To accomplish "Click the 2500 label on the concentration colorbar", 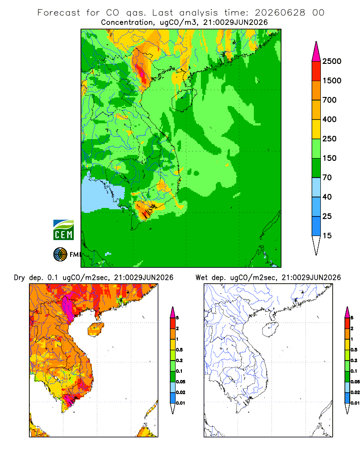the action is pyautogui.click(x=332, y=61).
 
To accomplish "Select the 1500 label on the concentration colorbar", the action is pyautogui.click(x=332, y=81).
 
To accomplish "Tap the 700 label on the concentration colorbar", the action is pyautogui.click(x=329, y=100).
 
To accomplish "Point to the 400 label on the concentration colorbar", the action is pyautogui.click(x=329, y=119).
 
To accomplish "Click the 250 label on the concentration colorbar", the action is pyautogui.click(x=329, y=139).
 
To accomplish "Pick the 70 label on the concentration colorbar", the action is pyautogui.click(x=327, y=178).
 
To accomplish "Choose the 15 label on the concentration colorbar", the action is pyautogui.click(x=327, y=236).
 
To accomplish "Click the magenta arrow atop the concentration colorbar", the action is pyautogui.click(x=316, y=53).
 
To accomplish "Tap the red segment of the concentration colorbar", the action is pyautogui.click(x=316, y=71).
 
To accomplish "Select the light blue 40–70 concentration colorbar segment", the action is pyautogui.click(x=316, y=187).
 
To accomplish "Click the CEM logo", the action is pyautogui.click(x=63, y=230).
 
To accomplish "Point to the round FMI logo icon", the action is pyautogui.click(x=60, y=255).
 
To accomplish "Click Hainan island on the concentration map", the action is pyautogui.click(x=184, y=100).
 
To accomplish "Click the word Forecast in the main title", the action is pyautogui.click(x=59, y=13).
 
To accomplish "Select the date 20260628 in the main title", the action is pyautogui.click(x=280, y=13).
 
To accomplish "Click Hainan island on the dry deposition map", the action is pyautogui.click(x=96, y=329).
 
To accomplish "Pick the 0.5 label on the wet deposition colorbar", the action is pyautogui.click(x=354, y=350).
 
